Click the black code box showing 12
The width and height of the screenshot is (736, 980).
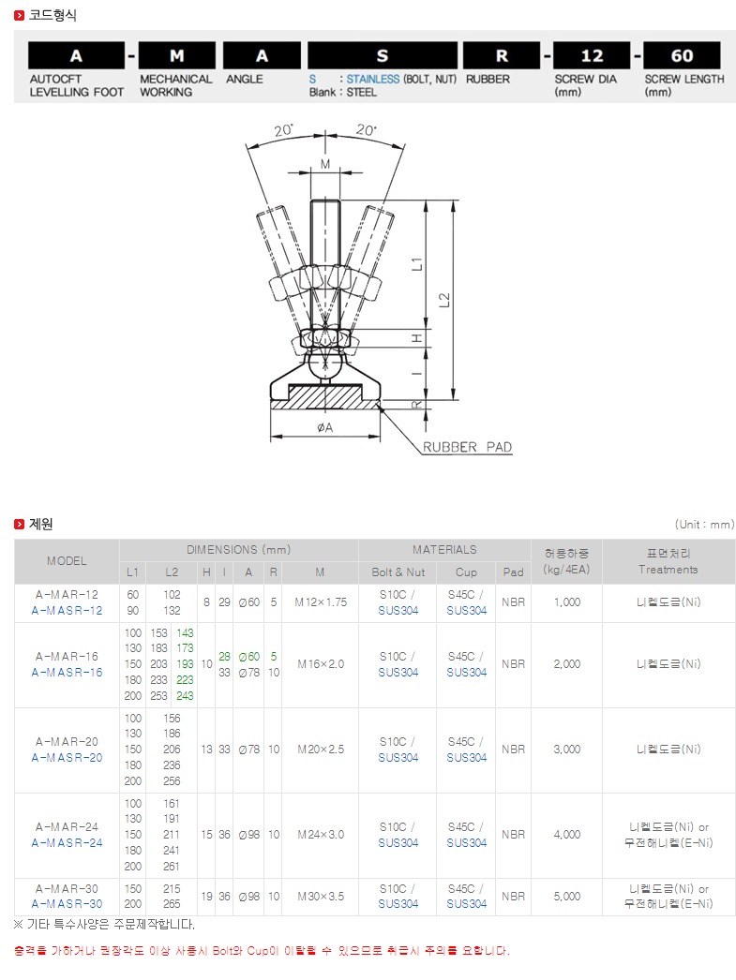click(x=592, y=55)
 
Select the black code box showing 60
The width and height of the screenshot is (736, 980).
click(x=682, y=55)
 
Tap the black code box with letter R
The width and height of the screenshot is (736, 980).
click(x=502, y=55)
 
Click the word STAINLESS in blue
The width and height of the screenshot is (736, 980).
click(x=373, y=80)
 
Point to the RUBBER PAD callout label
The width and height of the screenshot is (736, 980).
click(x=467, y=447)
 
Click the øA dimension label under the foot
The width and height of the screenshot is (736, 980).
click(x=324, y=427)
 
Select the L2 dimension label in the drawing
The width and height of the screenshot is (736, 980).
click(x=444, y=300)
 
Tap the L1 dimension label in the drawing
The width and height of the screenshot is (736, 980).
click(x=417, y=264)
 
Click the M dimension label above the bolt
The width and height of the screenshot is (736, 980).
click(x=325, y=164)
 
